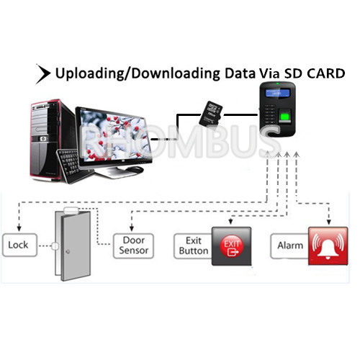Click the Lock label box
click(x=19, y=245)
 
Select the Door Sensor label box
click(x=133, y=246)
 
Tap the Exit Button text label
click(x=194, y=246)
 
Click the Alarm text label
click(x=290, y=246)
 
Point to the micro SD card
click(x=211, y=114)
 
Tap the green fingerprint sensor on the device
click(x=285, y=117)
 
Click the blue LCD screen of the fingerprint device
click(x=277, y=93)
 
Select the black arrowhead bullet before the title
click(x=42, y=73)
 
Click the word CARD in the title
click(x=326, y=73)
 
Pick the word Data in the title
click(x=240, y=73)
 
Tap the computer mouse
click(x=135, y=170)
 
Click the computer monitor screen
click(x=114, y=136)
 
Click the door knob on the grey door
click(x=68, y=252)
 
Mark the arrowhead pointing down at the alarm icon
click(x=329, y=222)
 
